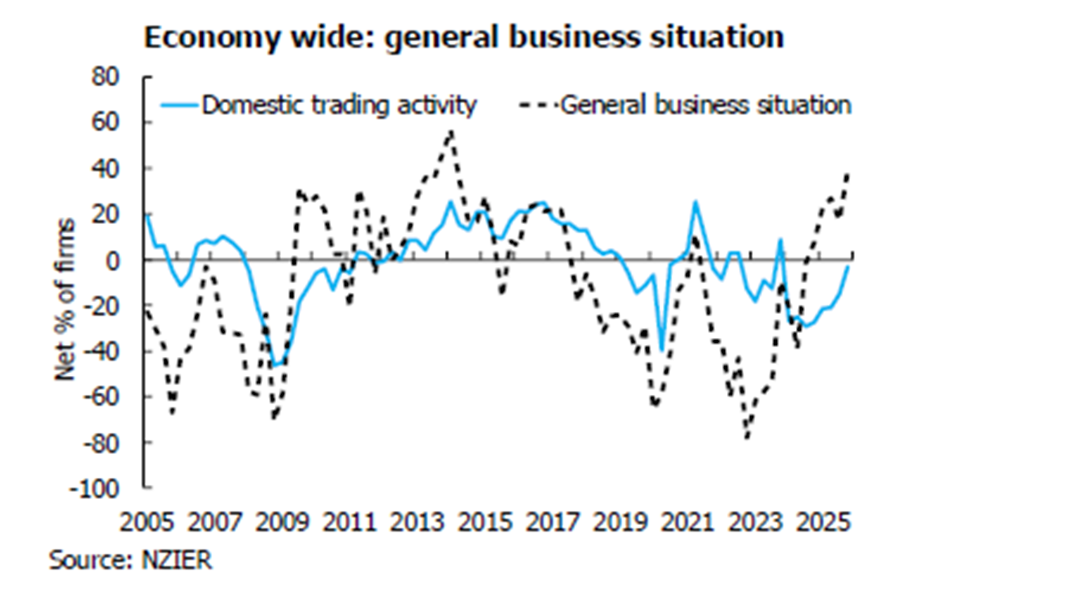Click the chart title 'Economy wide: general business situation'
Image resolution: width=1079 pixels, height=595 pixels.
point(464,37)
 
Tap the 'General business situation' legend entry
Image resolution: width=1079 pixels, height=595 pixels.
point(705,105)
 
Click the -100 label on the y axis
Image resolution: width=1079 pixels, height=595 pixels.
point(94,488)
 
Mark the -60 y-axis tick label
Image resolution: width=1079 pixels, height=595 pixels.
point(100,397)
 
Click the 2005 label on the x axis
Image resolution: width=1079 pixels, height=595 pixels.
point(146,523)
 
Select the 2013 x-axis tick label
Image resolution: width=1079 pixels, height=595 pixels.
point(417,523)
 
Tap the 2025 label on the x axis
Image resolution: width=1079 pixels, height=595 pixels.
point(824,523)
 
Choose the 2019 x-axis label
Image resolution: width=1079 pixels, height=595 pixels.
point(620,523)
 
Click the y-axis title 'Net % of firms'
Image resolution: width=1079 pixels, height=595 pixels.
point(65,299)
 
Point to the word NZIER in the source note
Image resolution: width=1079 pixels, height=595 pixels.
point(176,560)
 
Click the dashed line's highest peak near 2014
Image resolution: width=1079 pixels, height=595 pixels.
point(450,131)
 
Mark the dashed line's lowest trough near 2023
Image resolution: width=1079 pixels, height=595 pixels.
point(747,438)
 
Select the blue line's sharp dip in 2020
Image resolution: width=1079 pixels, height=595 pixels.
point(661,350)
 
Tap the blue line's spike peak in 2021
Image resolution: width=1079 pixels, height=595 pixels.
point(695,203)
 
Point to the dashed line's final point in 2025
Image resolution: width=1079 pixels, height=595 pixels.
point(849,174)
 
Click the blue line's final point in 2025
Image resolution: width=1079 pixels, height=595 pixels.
point(849,266)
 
